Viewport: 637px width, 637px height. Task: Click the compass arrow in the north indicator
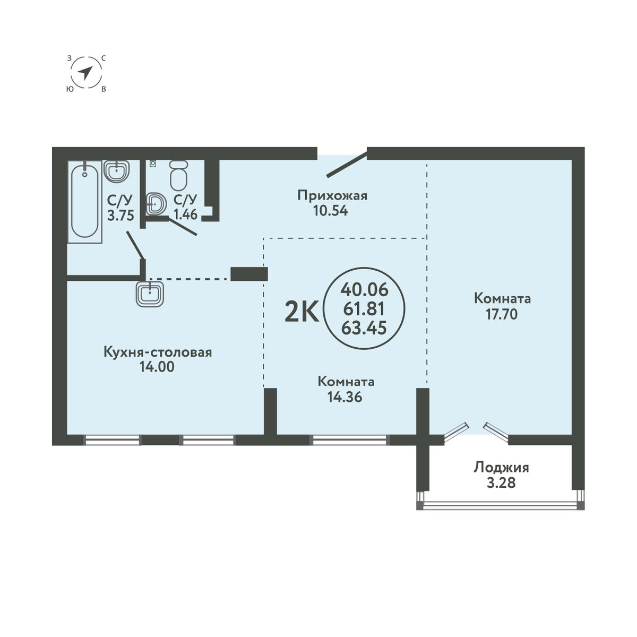coord(85,73)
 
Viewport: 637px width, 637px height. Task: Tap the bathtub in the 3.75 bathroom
coord(84,201)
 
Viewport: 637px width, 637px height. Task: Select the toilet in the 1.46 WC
coord(179,176)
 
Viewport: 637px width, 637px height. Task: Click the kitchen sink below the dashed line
coord(150,293)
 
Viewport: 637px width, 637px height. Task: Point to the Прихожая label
coord(332,196)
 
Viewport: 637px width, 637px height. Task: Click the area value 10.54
coord(331,211)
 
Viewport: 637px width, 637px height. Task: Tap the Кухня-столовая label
coord(158,352)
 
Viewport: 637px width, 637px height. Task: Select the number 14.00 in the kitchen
coord(157,367)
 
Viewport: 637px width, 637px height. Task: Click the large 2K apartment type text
coord(302,313)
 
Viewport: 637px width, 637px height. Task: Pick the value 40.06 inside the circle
coord(364,290)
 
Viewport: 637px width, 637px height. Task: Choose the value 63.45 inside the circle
coord(364,328)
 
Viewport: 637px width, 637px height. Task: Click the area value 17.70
coord(502,314)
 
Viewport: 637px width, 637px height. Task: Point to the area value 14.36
coord(345,397)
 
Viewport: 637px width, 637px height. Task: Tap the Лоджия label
coord(502,468)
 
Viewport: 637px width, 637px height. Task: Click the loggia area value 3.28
coord(501,483)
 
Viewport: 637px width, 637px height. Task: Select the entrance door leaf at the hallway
coord(347,164)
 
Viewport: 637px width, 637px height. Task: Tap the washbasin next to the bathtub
coord(116,171)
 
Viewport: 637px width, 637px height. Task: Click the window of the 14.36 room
coord(349,440)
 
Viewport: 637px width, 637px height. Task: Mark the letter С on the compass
coord(104,58)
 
